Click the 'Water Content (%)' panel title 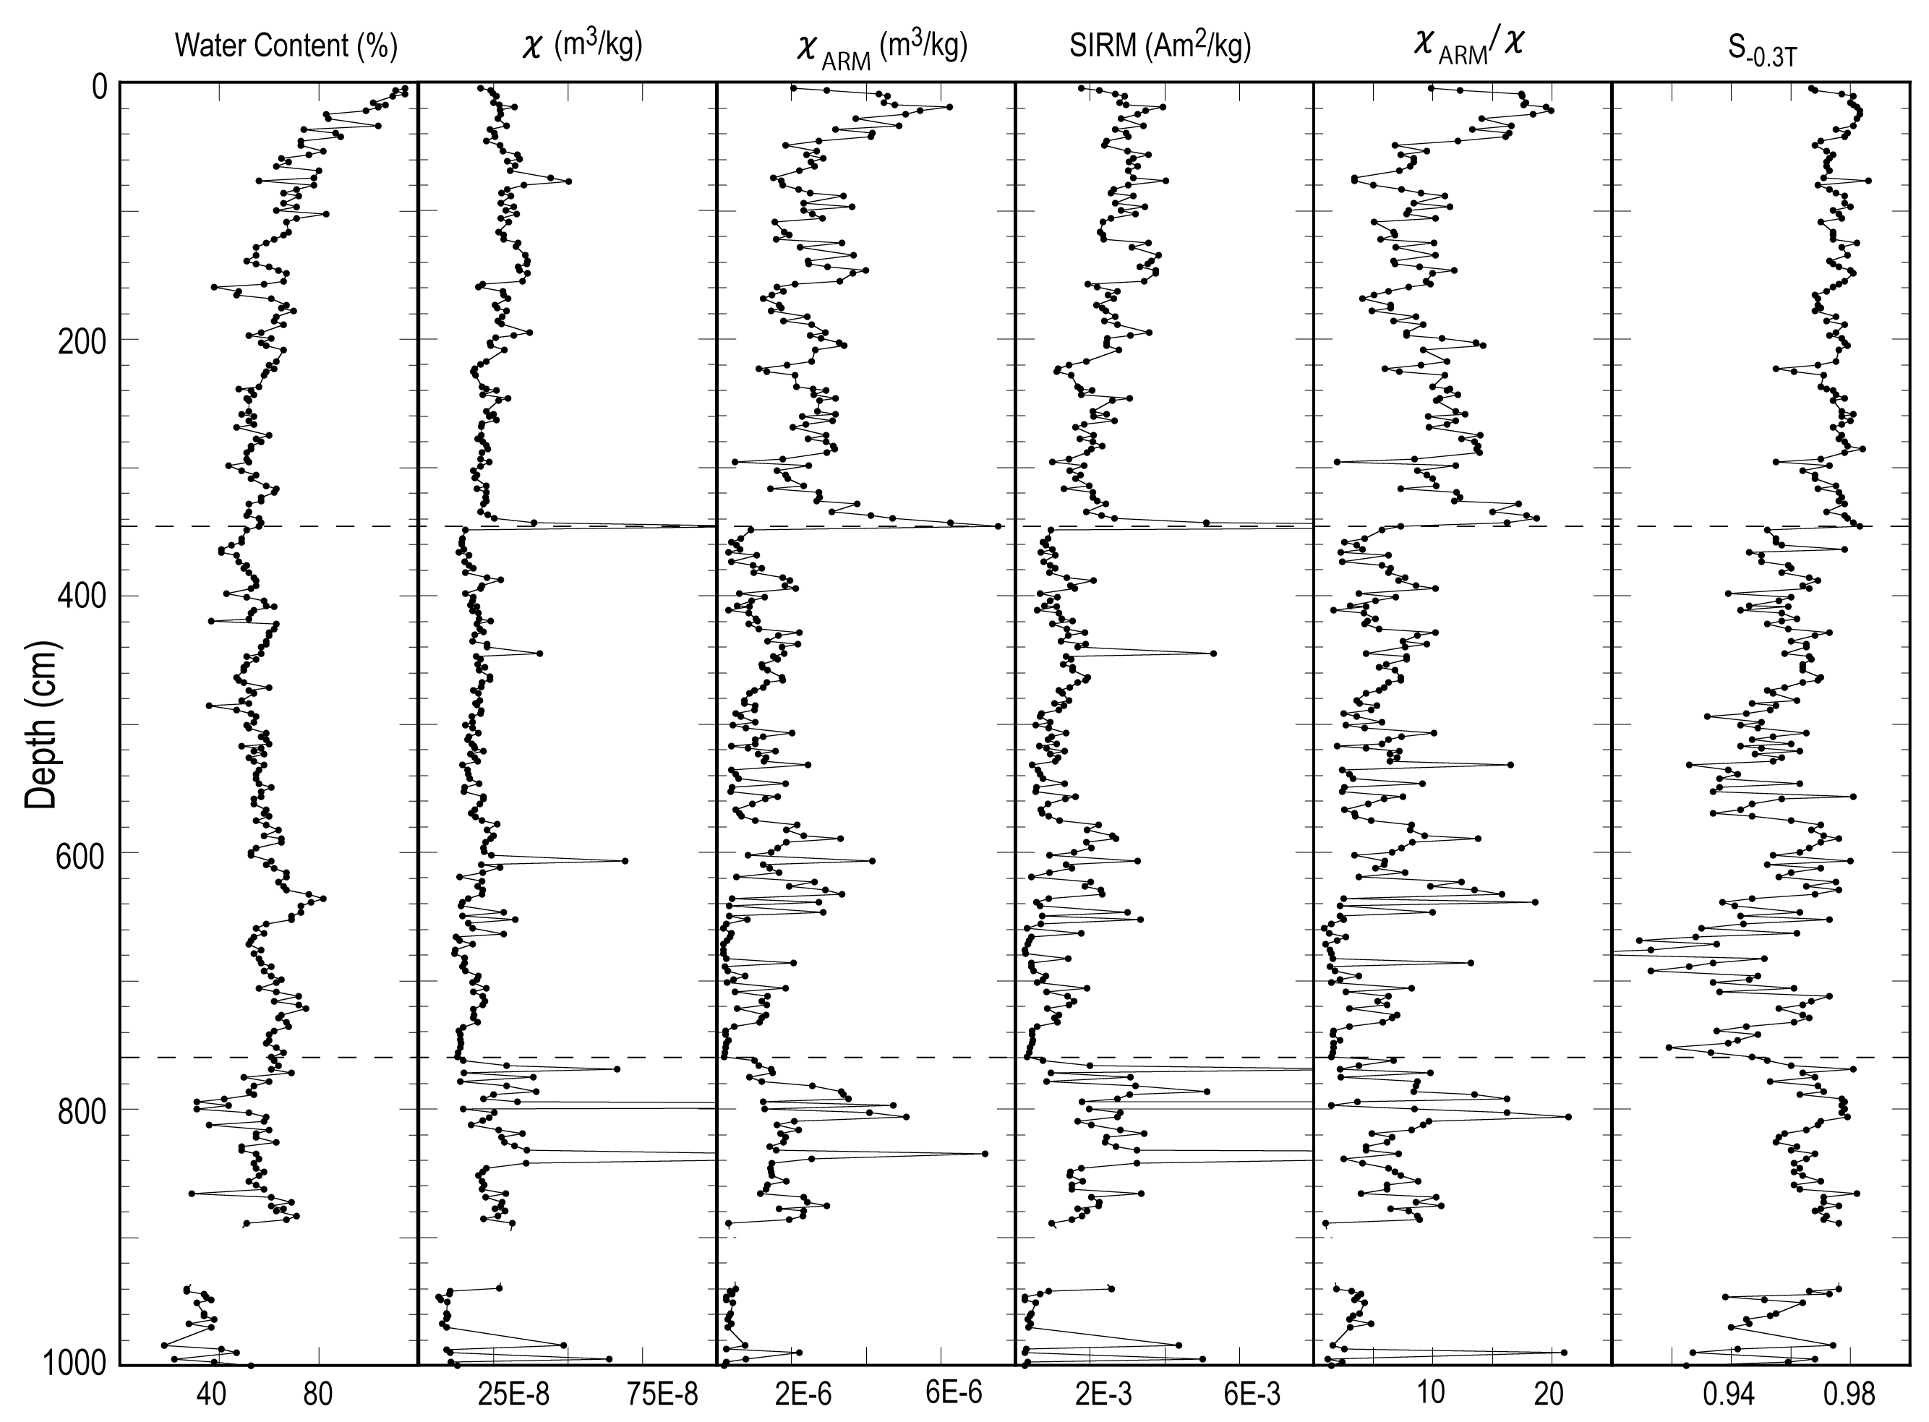pyautogui.click(x=286, y=45)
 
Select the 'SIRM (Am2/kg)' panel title pyautogui.click(x=1160, y=45)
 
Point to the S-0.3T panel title pyautogui.click(x=1761, y=50)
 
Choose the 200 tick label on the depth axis pyautogui.click(x=82, y=342)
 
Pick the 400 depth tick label pyautogui.click(x=82, y=596)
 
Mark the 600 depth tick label pyautogui.click(x=82, y=855)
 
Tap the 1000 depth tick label pyautogui.click(x=75, y=1364)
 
